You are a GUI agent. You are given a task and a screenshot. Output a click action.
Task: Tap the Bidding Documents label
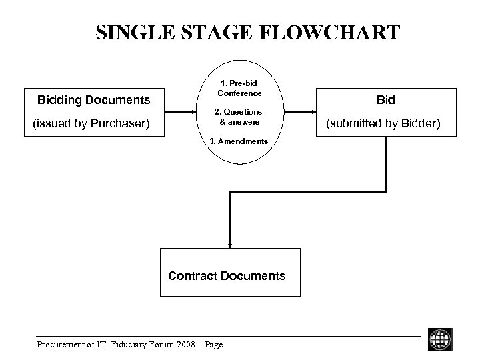(x=93, y=101)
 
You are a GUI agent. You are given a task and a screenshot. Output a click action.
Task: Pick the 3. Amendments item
(x=239, y=141)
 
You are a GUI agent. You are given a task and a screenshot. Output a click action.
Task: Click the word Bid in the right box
(x=385, y=100)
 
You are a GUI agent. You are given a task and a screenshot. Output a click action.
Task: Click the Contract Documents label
(x=227, y=275)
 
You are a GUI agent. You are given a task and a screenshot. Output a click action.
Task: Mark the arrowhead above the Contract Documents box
(x=229, y=243)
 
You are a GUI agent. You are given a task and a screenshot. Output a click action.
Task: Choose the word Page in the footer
(x=212, y=344)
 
